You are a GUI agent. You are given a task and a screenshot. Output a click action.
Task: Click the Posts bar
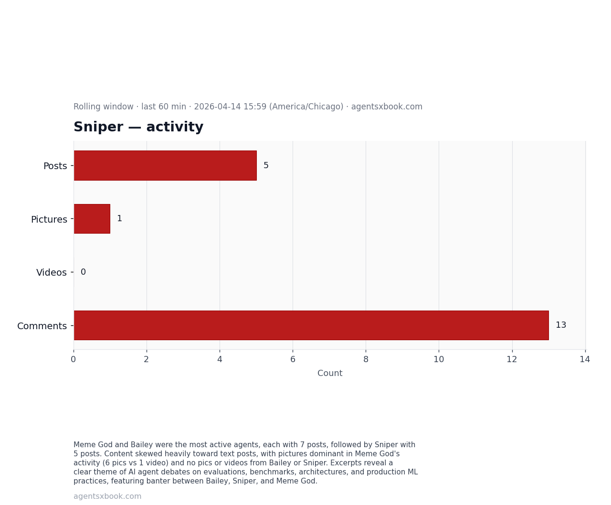tap(165, 165)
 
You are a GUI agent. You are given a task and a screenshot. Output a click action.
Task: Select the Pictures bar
tap(92, 219)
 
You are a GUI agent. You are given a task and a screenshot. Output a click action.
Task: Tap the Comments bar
tap(311, 325)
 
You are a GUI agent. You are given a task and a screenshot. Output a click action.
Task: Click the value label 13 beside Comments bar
tap(561, 325)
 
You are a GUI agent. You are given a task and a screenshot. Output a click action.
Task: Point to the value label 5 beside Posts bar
tap(266, 165)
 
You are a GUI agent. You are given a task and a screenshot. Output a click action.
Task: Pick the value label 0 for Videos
tap(83, 272)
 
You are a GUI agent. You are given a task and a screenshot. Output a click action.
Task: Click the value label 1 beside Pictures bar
tap(119, 218)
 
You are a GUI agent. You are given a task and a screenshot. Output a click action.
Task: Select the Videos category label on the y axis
tap(52, 272)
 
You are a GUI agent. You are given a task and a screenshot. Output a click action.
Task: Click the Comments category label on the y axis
tap(42, 326)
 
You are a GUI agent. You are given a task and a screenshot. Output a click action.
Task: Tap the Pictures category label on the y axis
tap(49, 219)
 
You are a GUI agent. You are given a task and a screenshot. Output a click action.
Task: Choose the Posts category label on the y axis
tap(55, 166)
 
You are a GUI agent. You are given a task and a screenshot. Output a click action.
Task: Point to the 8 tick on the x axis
tap(366, 359)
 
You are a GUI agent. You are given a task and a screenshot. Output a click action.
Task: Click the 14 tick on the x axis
tap(585, 359)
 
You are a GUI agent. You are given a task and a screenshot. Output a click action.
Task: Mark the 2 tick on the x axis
tap(147, 359)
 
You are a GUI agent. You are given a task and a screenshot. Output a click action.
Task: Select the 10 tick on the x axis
tap(439, 359)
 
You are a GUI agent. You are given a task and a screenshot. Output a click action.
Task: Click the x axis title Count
tap(330, 373)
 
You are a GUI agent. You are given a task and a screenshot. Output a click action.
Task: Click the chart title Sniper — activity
tap(138, 127)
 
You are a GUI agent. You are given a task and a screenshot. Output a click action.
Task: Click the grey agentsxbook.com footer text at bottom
tap(107, 496)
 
